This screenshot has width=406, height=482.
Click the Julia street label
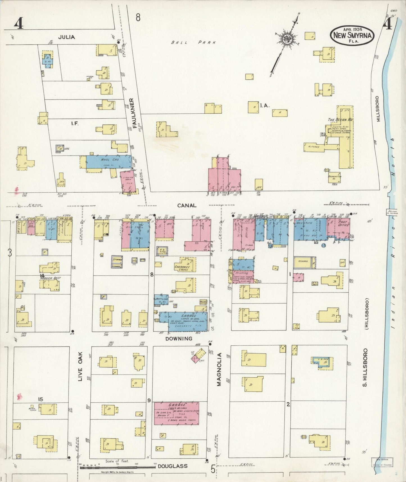(67, 37)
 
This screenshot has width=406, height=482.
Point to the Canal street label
(187, 206)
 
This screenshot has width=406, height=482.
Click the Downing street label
(179, 339)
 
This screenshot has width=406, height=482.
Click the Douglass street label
(173, 466)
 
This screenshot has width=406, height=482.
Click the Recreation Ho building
(335, 177)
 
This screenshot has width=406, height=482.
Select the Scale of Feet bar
(117, 467)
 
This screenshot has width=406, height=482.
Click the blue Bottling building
(161, 299)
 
